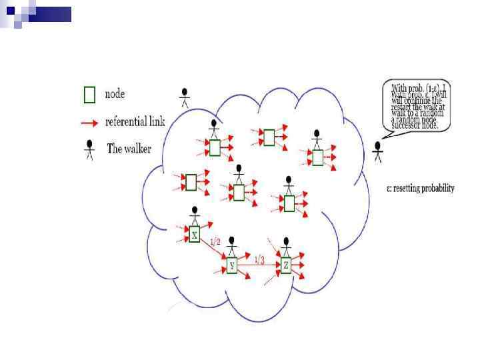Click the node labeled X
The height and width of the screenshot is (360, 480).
(195, 235)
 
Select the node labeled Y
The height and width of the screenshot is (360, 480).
(232, 266)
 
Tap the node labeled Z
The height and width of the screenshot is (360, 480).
(286, 265)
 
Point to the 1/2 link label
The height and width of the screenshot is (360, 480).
(215, 243)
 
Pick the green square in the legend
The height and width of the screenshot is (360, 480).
(90, 95)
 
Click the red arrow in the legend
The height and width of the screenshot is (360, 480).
(90, 123)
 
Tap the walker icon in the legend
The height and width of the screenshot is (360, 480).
(89, 149)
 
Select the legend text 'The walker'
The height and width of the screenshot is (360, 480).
(129, 149)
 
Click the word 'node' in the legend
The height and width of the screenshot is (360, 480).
(115, 95)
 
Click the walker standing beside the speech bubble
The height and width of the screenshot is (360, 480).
(378, 151)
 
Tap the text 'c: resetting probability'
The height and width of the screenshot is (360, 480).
(420, 189)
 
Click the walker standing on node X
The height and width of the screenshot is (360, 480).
(195, 216)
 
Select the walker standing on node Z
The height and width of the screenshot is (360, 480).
(286, 245)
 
